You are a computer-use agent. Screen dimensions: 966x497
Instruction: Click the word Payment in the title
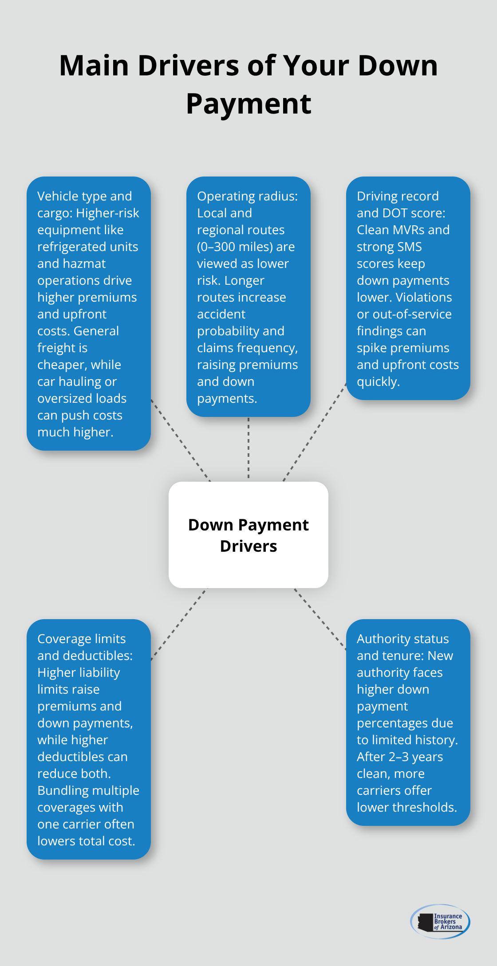(x=248, y=104)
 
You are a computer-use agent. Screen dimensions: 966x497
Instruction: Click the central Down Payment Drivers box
(x=248, y=535)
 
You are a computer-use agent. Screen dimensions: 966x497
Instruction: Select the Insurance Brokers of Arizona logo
(x=440, y=921)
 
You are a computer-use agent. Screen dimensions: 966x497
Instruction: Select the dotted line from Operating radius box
(x=248, y=448)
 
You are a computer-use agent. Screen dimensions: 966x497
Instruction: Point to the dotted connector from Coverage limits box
(x=178, y=624)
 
